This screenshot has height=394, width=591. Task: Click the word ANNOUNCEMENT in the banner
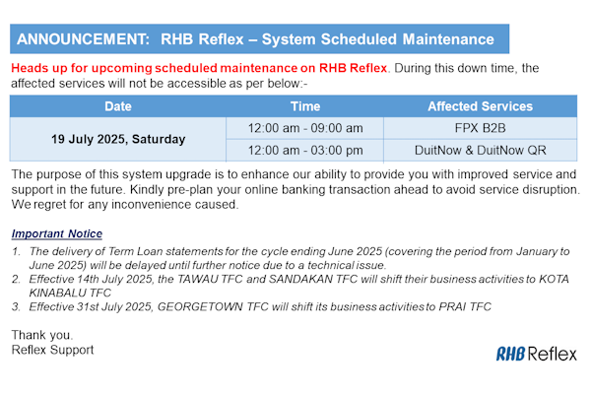pyautogui.click(x=83, y=39)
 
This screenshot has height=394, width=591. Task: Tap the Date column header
pyautogui.click(x=118, y=106)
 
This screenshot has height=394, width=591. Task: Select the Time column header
pyautogui.click(x=305, y=106)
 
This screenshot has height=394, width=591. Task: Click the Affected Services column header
pyautogui.click(x=481, y=106)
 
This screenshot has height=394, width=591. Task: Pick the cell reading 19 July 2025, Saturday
pyautogui.click(x=118, y=139)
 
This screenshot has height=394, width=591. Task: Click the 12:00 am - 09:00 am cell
pyautogui.click(x=305, y=128)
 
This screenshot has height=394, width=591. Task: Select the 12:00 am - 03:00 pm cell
pyautogui.click(x=305, y=150)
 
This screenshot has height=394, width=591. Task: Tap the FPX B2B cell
pyautogui.click(x=481, y=128)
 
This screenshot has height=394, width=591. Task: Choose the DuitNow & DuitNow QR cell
pyautogui.click(x=481, y=150)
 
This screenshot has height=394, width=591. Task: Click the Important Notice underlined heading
pyautogui.click(x=57, y=233)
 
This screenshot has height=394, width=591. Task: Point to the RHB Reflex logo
pyautogui.click(x=537, y=354)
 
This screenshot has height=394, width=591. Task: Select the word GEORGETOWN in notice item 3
pyautogui.click(x=200, y=307)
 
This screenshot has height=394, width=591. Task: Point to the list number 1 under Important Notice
pyautogui.click(x=16, y=251)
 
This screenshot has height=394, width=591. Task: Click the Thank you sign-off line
pyautogui.click(x=41, y=335)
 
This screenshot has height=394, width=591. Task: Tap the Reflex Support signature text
pyautogui.click(x=52, y=350)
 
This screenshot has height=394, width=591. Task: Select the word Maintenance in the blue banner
pyautogui.click(x=448, y=39)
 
